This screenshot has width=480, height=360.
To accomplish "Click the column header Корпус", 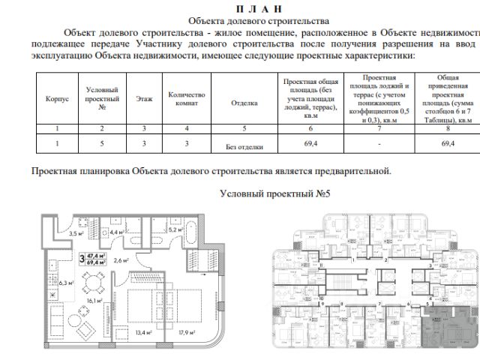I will pyautogui.click(x=57, y=100).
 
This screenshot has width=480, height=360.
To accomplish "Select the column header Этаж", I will pyautogui.click(x=144, y=100).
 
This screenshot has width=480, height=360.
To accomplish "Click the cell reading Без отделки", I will pyautogui.click(x=244, y=148).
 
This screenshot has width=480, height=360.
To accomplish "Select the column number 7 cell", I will pyautogui.click(x=379, y=129).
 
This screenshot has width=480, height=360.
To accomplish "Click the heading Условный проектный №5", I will pyautogui.click(x=274, y=193).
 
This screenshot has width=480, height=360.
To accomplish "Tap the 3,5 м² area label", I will pyautogui.click(x=76, y=234).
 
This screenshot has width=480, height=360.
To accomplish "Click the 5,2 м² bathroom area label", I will pyautogui.click(x=177, y=229).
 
